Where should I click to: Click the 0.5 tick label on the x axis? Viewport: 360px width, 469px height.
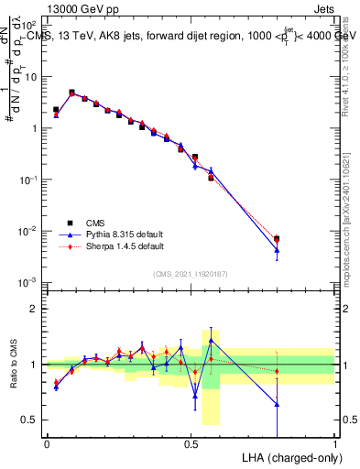click(191, 444)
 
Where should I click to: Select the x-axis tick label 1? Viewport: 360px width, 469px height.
click(335, 444)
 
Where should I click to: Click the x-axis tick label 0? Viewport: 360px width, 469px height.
click(47, 444)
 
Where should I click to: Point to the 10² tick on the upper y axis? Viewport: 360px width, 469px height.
click(30, 27)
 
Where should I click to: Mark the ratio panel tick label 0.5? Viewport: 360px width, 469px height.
click(30, 420)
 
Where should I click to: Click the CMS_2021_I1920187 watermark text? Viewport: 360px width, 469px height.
click(189, 273)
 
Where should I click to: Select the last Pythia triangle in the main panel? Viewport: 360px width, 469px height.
click(277, 249)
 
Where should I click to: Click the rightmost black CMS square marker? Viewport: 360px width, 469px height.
click(277, 239)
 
